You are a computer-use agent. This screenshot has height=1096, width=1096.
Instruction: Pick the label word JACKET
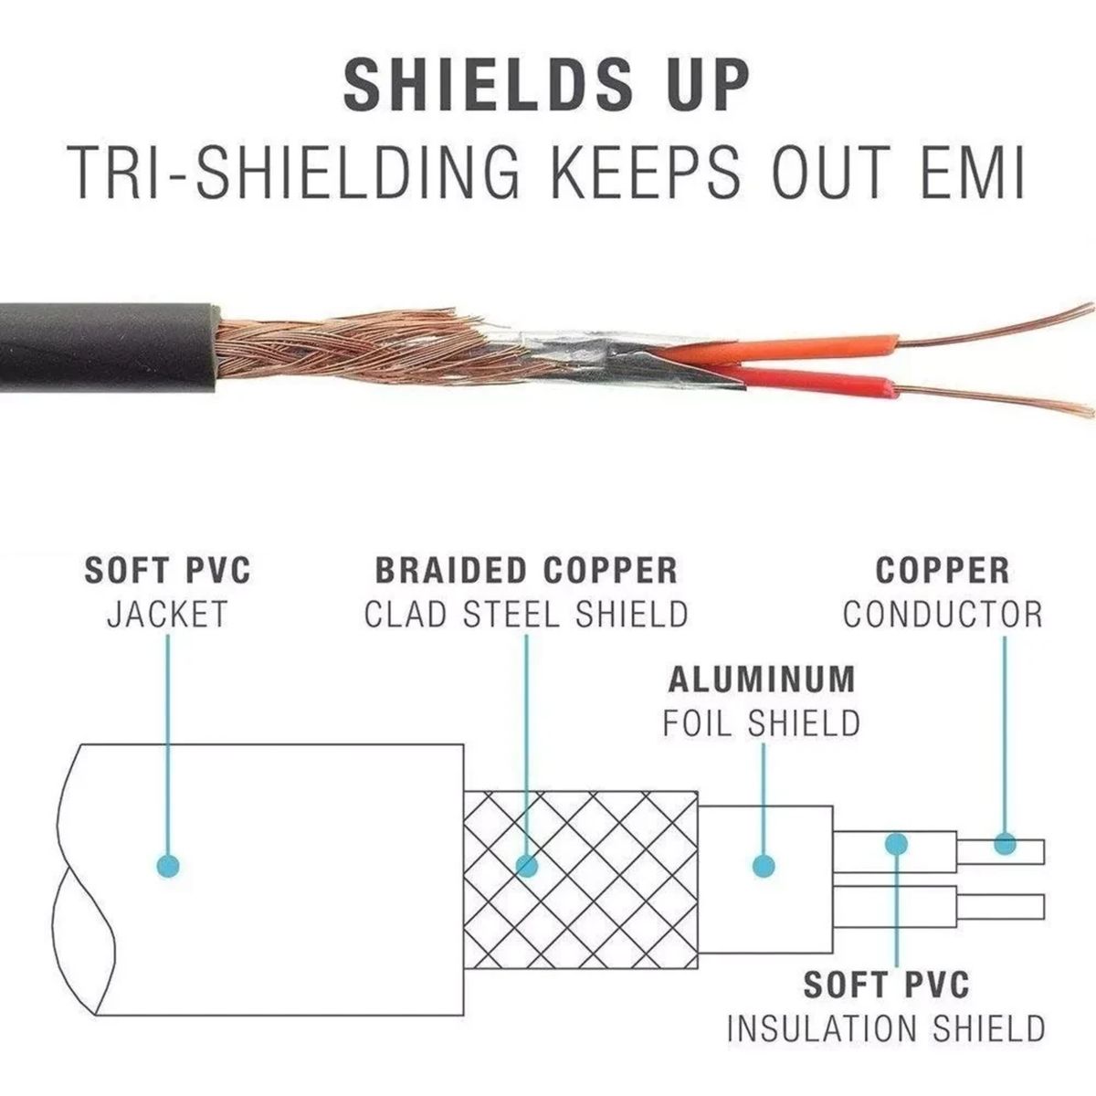coord(167,614)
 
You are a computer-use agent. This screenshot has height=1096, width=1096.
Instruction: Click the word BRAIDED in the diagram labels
coord(453,571)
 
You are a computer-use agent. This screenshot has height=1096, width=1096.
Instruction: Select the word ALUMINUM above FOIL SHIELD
coord(762,680)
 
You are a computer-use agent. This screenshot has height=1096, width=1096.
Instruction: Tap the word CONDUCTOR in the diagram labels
coord(942,614)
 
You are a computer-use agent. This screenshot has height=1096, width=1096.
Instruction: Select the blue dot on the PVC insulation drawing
coord(897,843)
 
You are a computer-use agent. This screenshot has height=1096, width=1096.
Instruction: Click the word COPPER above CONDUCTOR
coord(942,571)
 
